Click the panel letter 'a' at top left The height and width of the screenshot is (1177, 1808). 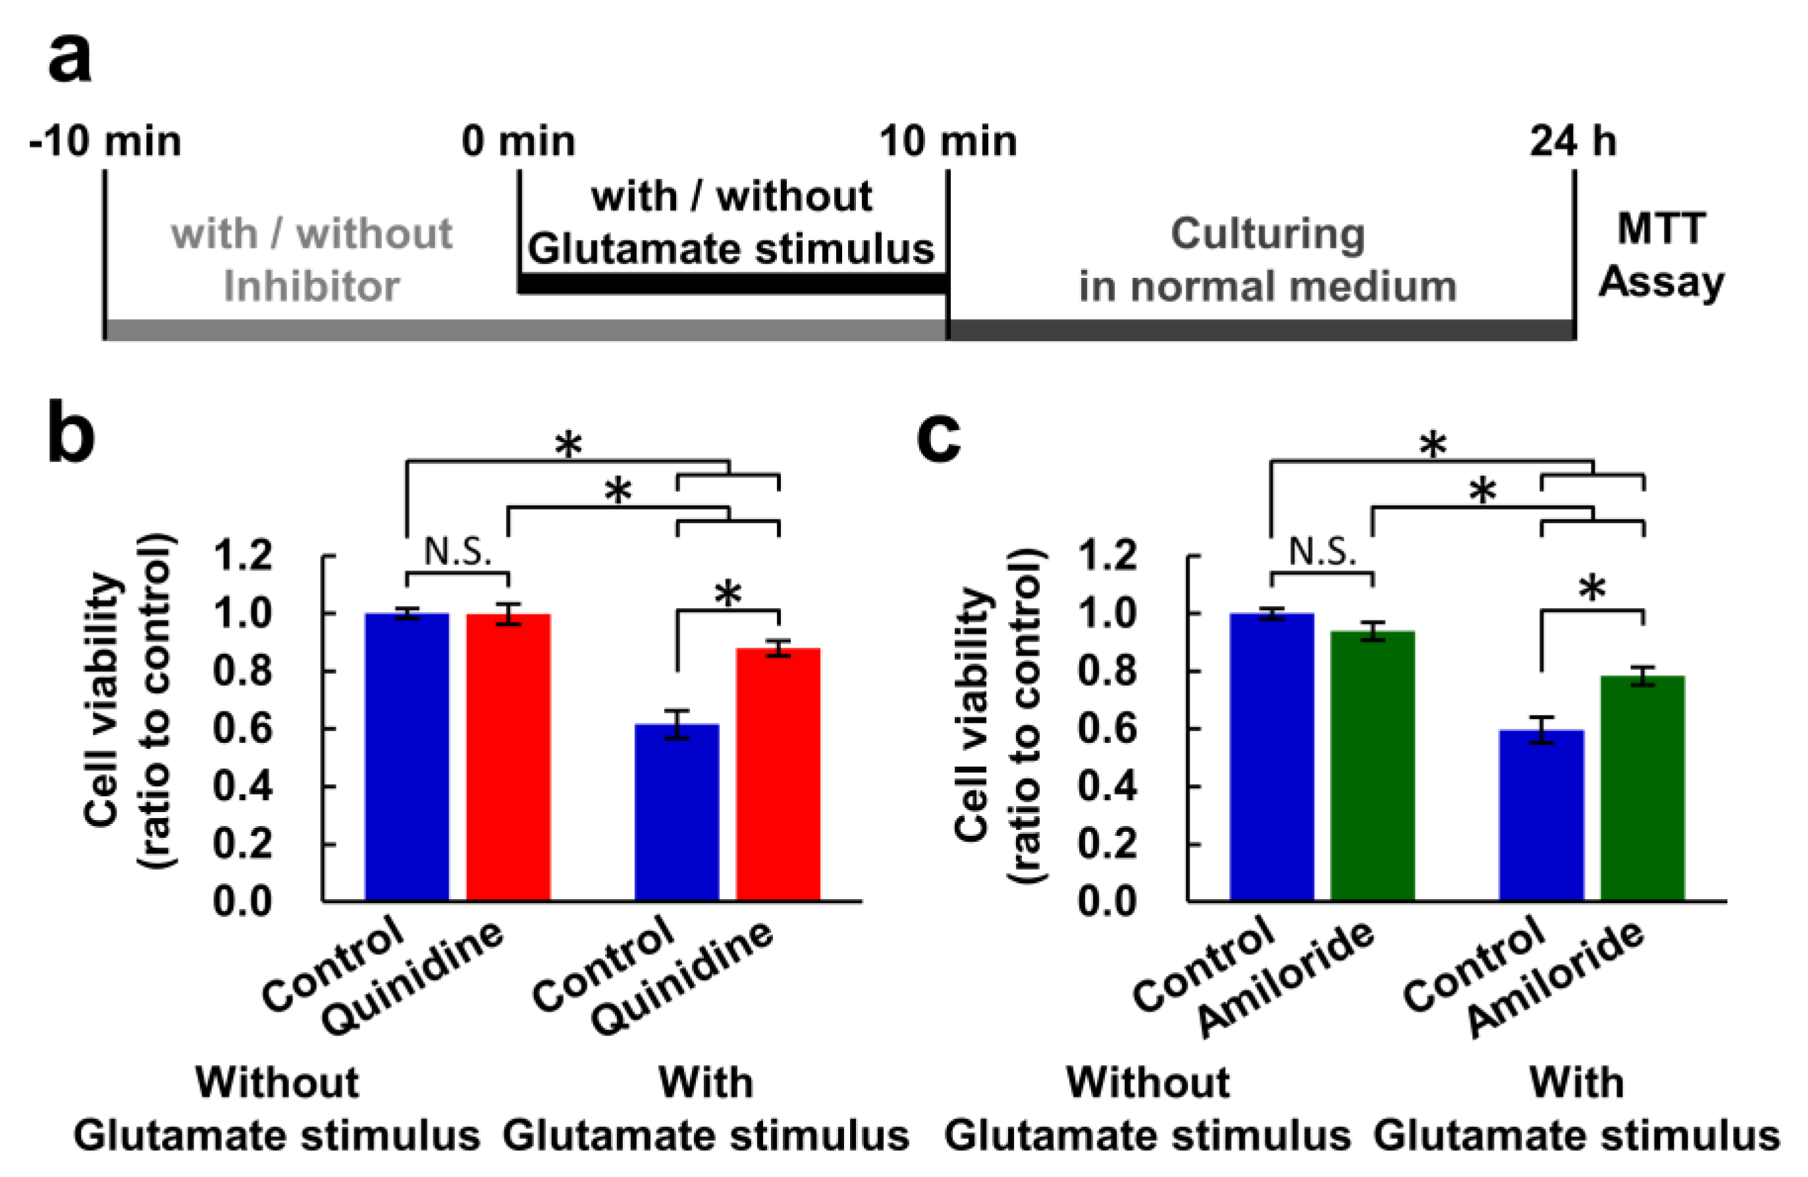point(70,59)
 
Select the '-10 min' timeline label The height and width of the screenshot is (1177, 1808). point(105,142)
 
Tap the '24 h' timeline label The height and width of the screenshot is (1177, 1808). point(1572,142)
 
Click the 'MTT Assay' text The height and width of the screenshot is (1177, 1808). point(1661,256)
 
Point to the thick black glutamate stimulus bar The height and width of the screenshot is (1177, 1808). point(732,284)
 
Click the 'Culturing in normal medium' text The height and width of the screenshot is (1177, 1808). point(1267,260)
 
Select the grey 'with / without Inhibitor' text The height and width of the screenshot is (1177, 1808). point(311,260)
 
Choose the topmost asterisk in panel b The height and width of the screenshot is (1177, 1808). point(568,445)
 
